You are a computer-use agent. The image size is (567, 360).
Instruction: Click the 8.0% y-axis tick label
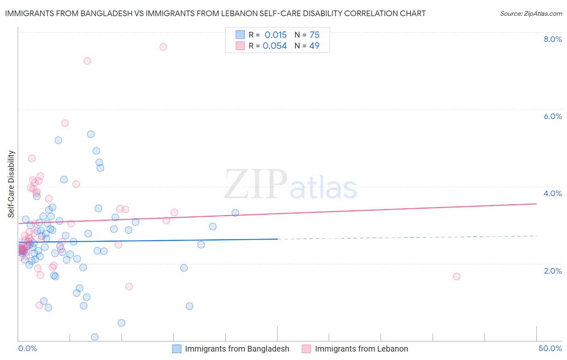pyautogui.click(x=552, y=39)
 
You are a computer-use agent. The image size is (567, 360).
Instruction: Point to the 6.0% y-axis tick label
pyautogui.click(x=552, y=116)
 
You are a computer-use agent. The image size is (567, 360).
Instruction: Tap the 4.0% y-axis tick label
pyautogui.click(x=552, y=193)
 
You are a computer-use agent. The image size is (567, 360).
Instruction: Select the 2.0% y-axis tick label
pyautogui.click(x=552, y=271)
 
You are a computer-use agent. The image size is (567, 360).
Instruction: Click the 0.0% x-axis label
pyautogui.click(x=27, y=348)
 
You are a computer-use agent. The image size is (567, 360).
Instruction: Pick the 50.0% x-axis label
pyautogui.click(x=550, y=348)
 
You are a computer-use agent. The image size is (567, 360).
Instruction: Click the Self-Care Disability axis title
pyautogui.click(x=11, y=184)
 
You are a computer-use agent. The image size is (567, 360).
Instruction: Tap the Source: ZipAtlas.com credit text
pyautogui.click(x=531, y=14)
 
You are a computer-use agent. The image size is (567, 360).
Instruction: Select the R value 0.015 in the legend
pyautogui.click(x=275, y=35)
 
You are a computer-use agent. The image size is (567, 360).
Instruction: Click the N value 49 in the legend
pyautogui.click(x=314, y=46)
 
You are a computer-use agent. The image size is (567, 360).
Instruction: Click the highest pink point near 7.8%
pyautogui.click(x=163, y=47)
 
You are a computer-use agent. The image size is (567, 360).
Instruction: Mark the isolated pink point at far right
pyautogui.click(x=457, y=276)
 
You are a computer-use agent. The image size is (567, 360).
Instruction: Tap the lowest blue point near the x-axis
pyautogui.click(x=95, y=337)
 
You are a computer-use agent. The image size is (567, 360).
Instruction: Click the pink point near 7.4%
pyautogui.click(x=87, y=61)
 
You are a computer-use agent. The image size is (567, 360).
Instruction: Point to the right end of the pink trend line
pyautogui.click(x=536, y=204)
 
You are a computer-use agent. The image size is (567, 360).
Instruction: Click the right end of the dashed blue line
pyautogui.click(x=536, y=236)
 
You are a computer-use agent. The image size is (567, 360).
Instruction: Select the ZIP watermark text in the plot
pyautogui.click(x=256, y=185)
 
